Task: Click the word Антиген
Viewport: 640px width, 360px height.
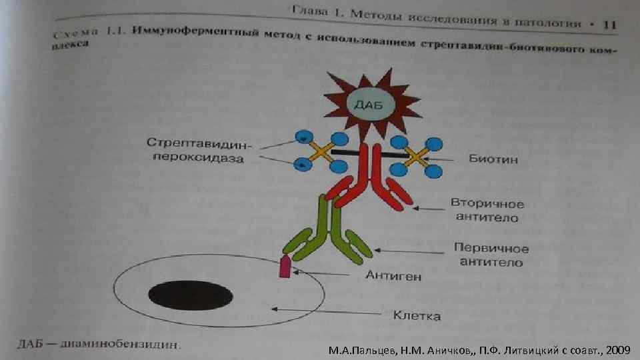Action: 393,276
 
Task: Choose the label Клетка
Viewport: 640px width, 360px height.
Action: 416,316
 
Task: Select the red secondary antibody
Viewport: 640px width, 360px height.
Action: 369,180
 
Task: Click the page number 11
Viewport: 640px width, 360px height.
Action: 608,24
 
